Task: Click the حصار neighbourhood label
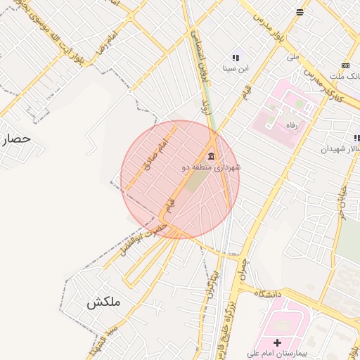pos(15,139)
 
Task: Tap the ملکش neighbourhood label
pos(103,302)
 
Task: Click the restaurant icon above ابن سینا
pos(236,58)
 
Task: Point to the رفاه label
pos(289,124)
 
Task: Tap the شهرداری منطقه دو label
pos(212,167)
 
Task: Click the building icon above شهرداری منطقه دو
pos(211,155)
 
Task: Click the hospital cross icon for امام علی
pos(277,342)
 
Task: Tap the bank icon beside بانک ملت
pos(345,65)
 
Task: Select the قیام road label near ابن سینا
pos(247,90)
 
